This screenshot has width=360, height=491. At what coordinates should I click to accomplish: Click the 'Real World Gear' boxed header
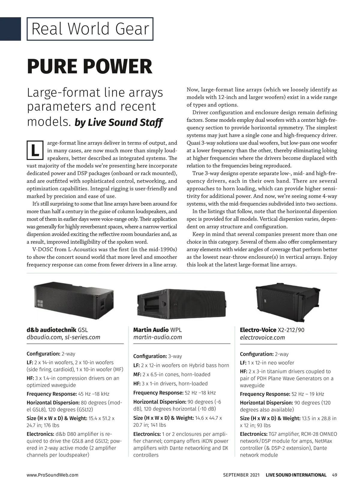(x=90, y=29)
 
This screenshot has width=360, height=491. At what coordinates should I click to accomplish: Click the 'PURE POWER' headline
(x=90, y=67)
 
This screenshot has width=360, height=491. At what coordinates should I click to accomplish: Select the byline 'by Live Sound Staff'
(x=118, y=123)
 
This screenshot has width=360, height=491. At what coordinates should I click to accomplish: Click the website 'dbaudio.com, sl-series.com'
(x=63, y=337)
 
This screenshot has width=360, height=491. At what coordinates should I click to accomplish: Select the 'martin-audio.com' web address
(x=157, y=337)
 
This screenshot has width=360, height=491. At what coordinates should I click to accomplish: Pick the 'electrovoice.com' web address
(x=262, y=338)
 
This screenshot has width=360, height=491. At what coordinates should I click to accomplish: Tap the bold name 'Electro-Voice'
(x=258, y=330)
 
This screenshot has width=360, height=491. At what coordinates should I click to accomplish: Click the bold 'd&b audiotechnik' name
(x=52, y=330)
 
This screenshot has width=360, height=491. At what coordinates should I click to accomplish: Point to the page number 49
(x=334, y=475)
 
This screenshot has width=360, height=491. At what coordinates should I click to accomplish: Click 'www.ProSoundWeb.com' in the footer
(x=52, y=475)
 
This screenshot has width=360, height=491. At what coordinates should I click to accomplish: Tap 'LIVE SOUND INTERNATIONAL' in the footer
(x=296, y=475)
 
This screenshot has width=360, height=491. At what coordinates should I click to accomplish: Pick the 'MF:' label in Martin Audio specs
(x=137, y=374)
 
